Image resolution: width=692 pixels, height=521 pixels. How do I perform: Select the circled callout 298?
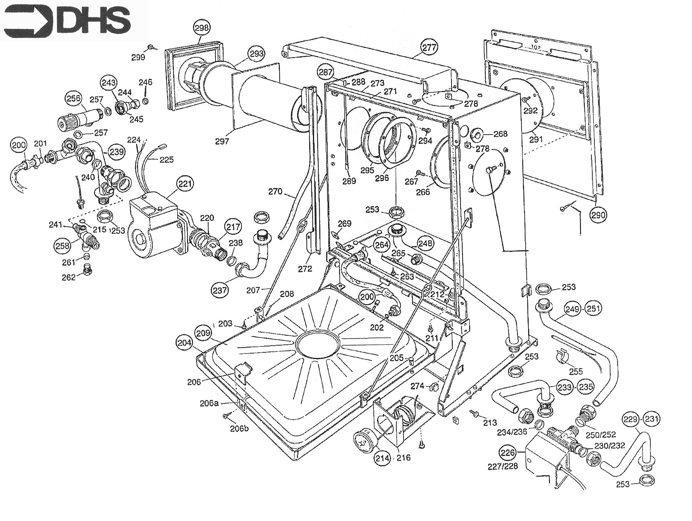[x=202, y=28]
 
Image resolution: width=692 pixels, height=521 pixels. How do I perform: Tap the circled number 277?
[x=429, y=48]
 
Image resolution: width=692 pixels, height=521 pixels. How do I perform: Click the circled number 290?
[x=598, y=215]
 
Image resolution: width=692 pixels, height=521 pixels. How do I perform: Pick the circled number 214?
[x=382, y=458]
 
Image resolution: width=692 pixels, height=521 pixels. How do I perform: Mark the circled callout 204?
[x=184, y=343]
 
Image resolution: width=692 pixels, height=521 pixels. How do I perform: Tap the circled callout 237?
[x=220, y=290]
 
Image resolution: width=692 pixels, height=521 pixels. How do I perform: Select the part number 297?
[x=222, y=141]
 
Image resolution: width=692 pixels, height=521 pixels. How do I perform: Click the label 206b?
[x=239, y=428]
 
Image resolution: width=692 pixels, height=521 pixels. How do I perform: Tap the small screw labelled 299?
[x=151, y=47]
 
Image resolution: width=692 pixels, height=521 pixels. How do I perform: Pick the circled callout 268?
[x=500, y=134]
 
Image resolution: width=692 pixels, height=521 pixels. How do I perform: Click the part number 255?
[x=576, y=371]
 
